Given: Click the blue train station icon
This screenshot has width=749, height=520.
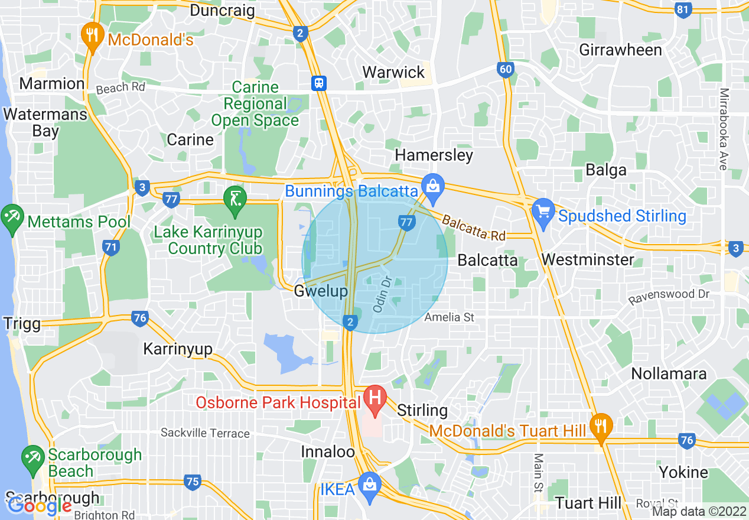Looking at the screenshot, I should (320, 83).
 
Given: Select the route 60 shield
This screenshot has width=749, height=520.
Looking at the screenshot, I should (505, 70).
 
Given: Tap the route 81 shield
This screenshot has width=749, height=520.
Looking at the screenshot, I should (683, 9).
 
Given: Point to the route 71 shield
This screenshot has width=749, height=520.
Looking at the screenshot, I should (110, 248).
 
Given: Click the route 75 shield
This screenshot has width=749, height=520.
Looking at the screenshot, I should (192, 482).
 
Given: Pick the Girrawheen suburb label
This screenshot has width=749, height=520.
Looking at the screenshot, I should (620, 50).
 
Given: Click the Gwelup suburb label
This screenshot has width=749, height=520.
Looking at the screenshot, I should (321, 291).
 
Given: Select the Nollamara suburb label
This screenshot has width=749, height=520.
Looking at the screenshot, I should (669, 373).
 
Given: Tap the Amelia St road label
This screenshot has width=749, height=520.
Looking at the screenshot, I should (450, 317).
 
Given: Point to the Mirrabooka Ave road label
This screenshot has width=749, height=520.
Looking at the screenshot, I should (724, 129).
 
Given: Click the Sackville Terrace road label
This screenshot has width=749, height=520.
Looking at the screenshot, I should (205, 433).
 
